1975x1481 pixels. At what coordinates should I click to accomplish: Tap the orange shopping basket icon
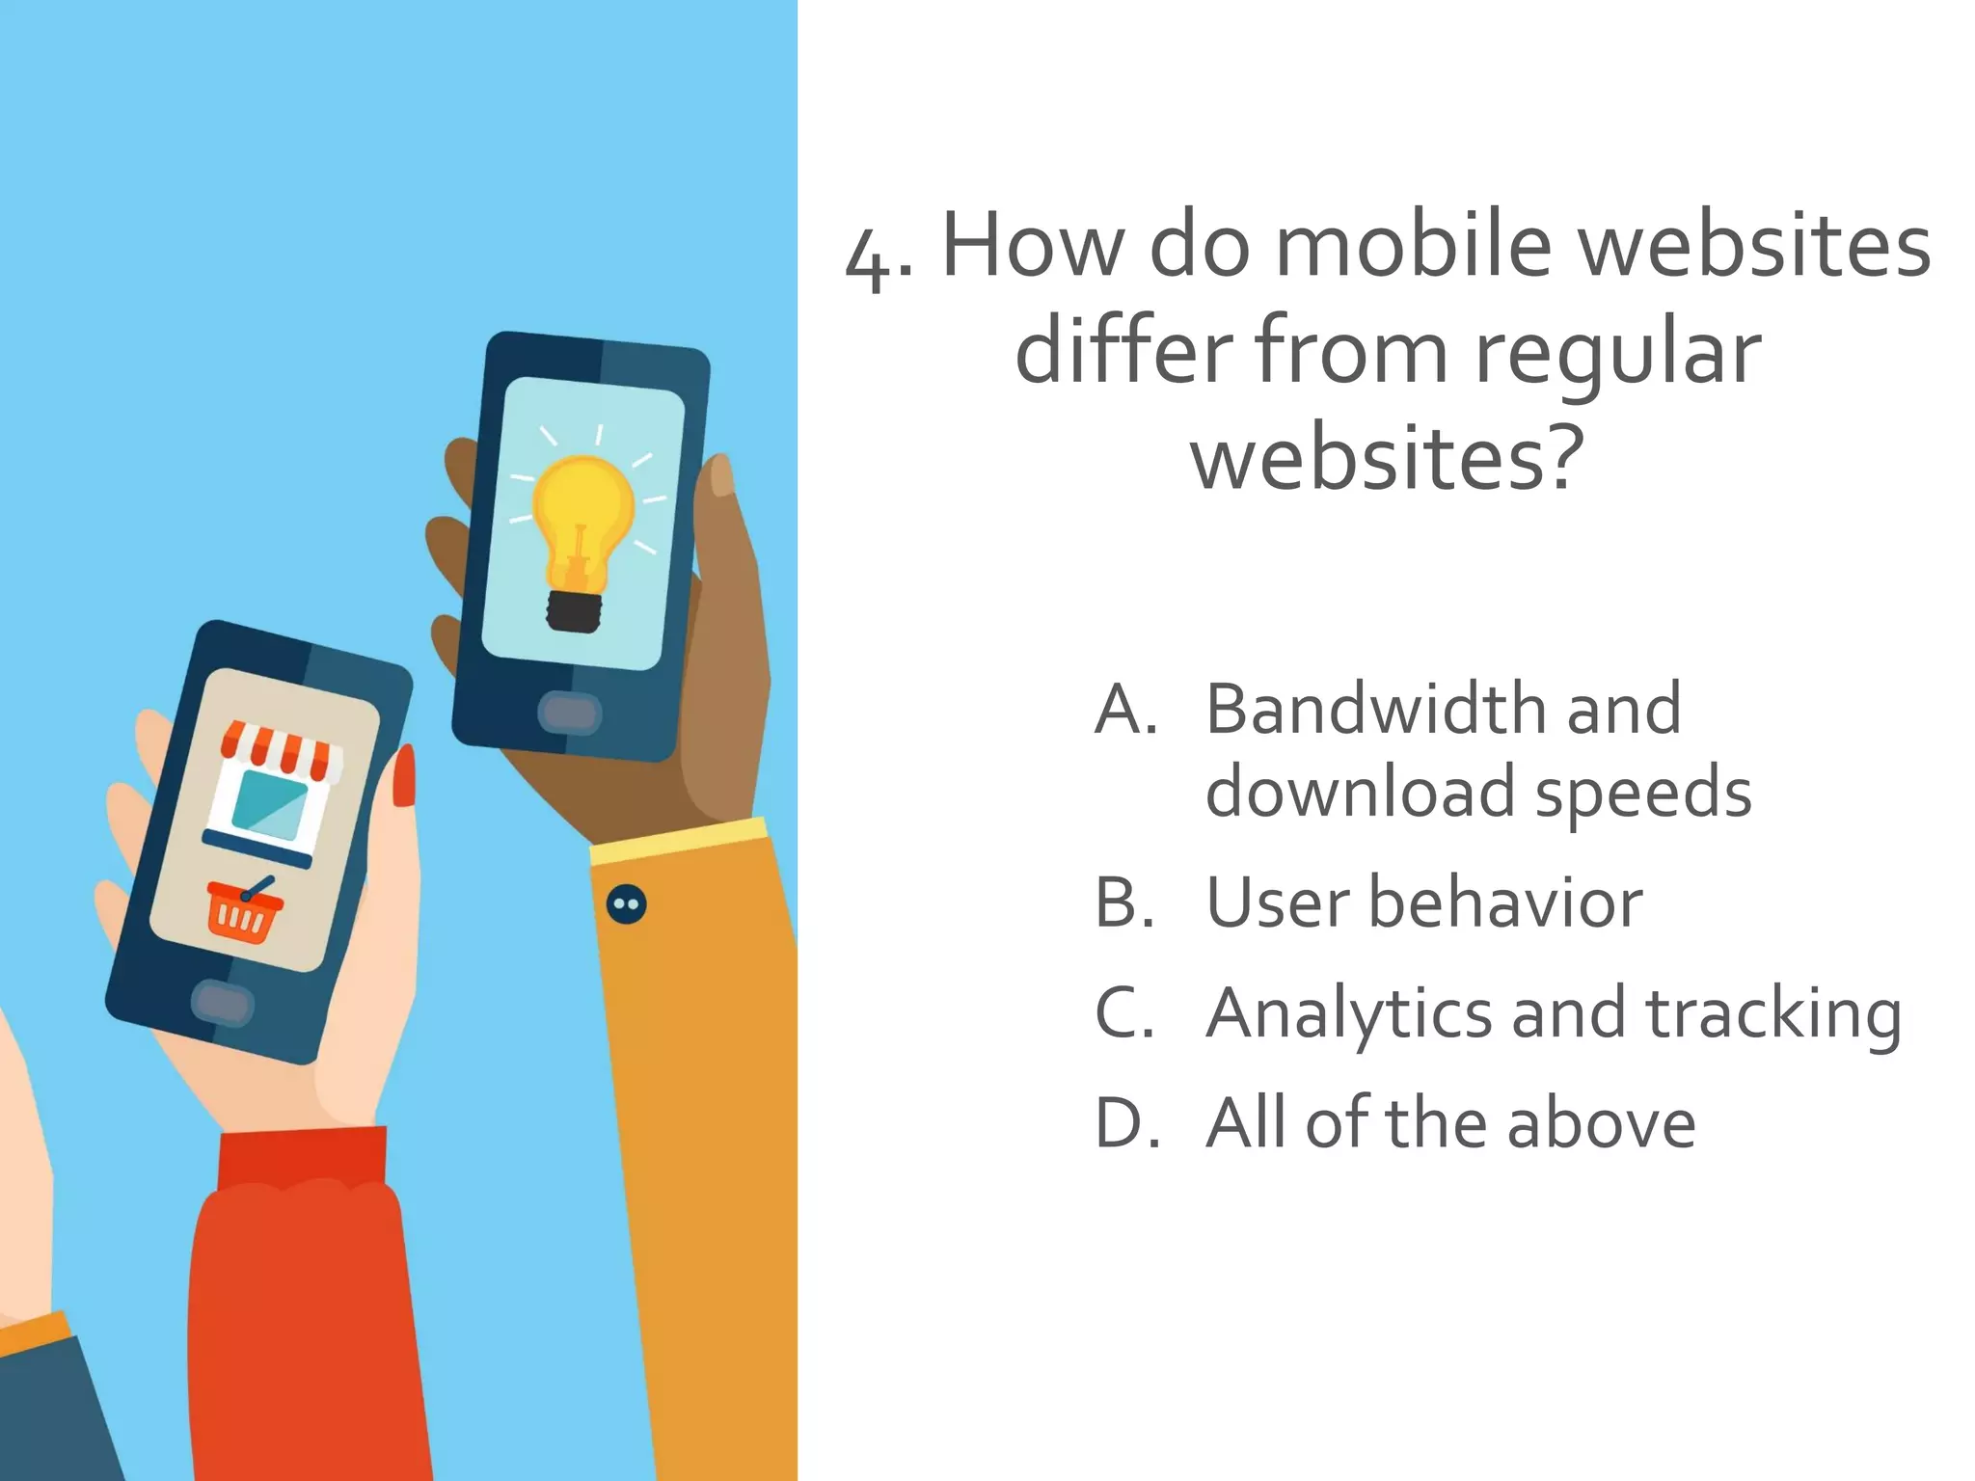coord(246,912)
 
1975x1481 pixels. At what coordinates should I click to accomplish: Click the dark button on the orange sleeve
coord(627,904)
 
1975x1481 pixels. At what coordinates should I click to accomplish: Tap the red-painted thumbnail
coord(404,776)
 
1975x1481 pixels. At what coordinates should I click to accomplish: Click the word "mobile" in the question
coord(1413,245)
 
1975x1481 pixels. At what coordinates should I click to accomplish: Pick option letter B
coord(1124,903)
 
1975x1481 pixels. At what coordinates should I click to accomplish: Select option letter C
coord(1124,1013)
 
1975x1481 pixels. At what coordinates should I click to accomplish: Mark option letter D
coord(1126,1123)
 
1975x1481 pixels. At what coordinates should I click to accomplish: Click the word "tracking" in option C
coord(1773,1015)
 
